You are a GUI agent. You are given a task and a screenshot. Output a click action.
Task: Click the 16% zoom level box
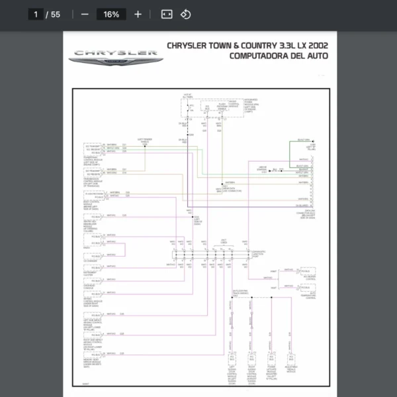point(111,14)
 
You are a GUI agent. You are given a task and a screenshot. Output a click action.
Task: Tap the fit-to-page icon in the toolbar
point(167,14)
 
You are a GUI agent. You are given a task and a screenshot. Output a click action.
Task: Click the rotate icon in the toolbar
point(186,14)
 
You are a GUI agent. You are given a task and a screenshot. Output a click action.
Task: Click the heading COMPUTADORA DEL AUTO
point(278,56)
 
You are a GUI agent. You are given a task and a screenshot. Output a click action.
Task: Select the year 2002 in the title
point(316,45)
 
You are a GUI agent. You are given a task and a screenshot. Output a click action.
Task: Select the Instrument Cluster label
point(92,273)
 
